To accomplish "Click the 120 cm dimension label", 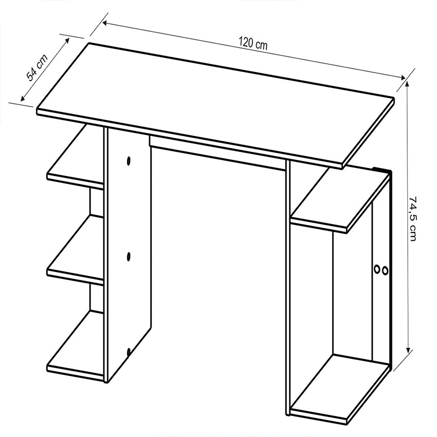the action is (x=253, y=44).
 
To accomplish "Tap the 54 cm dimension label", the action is (x=37, y=67).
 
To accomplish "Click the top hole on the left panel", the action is (x=129, y=161).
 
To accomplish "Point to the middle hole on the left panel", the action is (x=129, y=257).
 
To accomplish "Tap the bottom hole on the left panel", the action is (x=129, y=352).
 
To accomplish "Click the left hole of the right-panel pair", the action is (x=376, y=269).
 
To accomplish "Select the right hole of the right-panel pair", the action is (x=385, y=270).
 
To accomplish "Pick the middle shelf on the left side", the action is (x=75, y=250).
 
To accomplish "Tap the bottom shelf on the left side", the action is (x=75, y=345).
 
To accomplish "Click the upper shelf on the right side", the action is (x=339, y=199).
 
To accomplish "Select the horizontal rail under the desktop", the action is (x=217, y=153).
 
